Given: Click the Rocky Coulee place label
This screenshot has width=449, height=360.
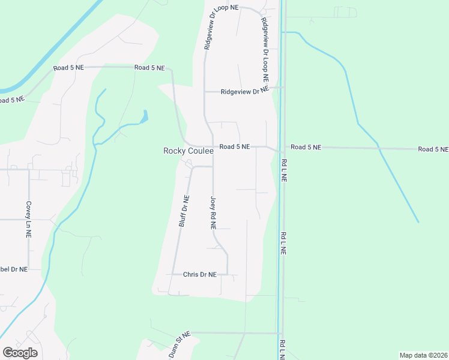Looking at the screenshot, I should click(188, 151).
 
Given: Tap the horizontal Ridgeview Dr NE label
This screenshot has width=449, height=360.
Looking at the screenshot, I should click(244, 92).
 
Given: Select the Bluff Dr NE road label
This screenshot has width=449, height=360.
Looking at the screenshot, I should click(185, 211).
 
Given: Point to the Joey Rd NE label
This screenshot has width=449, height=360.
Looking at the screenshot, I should click(213, 214).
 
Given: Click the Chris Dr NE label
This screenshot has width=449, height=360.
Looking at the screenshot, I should click(200, 275).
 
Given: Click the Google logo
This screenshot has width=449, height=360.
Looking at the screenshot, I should click(20, 352).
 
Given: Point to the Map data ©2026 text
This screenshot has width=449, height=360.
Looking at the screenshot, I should click(423, 355).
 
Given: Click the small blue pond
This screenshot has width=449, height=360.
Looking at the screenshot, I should click(144, 116).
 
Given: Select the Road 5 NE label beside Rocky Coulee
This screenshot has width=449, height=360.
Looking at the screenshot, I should click(234, 146).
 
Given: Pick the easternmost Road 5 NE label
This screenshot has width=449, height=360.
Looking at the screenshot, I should click(433, 149).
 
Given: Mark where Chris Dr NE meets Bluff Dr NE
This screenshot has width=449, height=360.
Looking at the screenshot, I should click(175, 275).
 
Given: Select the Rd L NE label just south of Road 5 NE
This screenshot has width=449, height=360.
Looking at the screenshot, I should click(284, 170).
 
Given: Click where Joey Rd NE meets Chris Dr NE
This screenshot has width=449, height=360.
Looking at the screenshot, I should click(228, 274).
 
